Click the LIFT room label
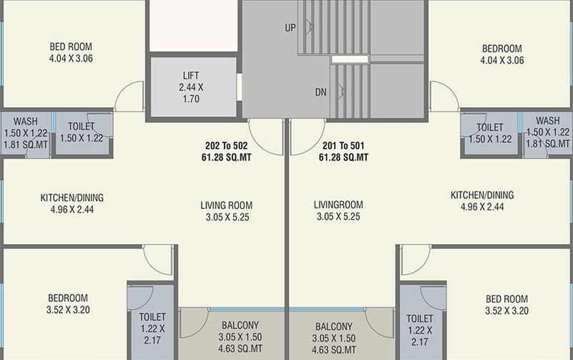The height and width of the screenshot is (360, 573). [x=191, y=76]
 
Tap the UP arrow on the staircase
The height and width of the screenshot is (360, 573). [x=310, y=26]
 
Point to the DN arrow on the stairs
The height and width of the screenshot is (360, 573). [x=341, y=92]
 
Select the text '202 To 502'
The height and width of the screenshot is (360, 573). [x=226, y=146]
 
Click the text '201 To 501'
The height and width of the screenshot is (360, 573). [x=343, y=146]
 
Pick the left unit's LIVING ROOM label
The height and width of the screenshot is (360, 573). [x=227, y=205]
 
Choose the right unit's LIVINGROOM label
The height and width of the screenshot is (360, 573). [x=338, y=205]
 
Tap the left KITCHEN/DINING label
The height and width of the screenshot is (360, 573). [x=72, y=198]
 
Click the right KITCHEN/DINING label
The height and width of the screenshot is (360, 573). [x=482, y=195]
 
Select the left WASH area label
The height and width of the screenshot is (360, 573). [x=26, y=121]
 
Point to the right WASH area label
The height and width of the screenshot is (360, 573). [x=548, y=121]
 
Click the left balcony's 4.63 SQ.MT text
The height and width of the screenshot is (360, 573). [x=240, y=349]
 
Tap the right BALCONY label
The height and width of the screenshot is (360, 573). [x=333, y=326]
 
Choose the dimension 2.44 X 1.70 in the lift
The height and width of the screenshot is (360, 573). [x=191, y=93]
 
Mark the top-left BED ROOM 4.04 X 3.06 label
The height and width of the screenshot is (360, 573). [x=71, y=52]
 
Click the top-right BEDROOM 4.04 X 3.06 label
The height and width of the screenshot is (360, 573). [x=502, y=54]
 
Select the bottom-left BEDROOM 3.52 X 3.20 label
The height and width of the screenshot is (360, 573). [x=68, y=303]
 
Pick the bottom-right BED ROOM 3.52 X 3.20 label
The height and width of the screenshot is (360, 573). [x=507, y=305]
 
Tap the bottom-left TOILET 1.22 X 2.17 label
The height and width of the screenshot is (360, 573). [x=152, y=329]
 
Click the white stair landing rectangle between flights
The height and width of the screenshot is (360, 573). [x=350, y=59]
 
